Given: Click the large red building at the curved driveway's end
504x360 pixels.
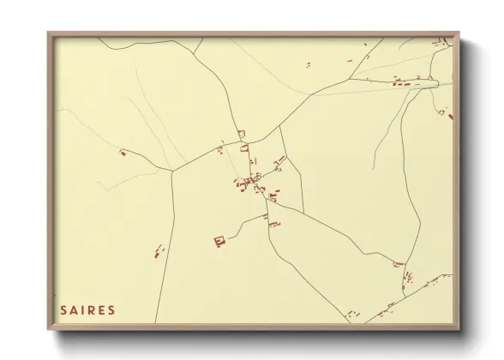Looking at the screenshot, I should pyautogui.click(x=219, y=241).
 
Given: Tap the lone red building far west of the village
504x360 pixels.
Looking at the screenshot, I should pyautogui.click(x=123, y=153).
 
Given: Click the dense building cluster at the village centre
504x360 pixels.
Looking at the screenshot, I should pyautogui.click(x=251, y=181).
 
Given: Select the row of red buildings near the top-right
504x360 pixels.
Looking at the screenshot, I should pyautogui.click(x=406, y=82).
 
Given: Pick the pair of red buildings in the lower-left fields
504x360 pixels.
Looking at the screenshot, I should pyautogui.click(x=159, y=251).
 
